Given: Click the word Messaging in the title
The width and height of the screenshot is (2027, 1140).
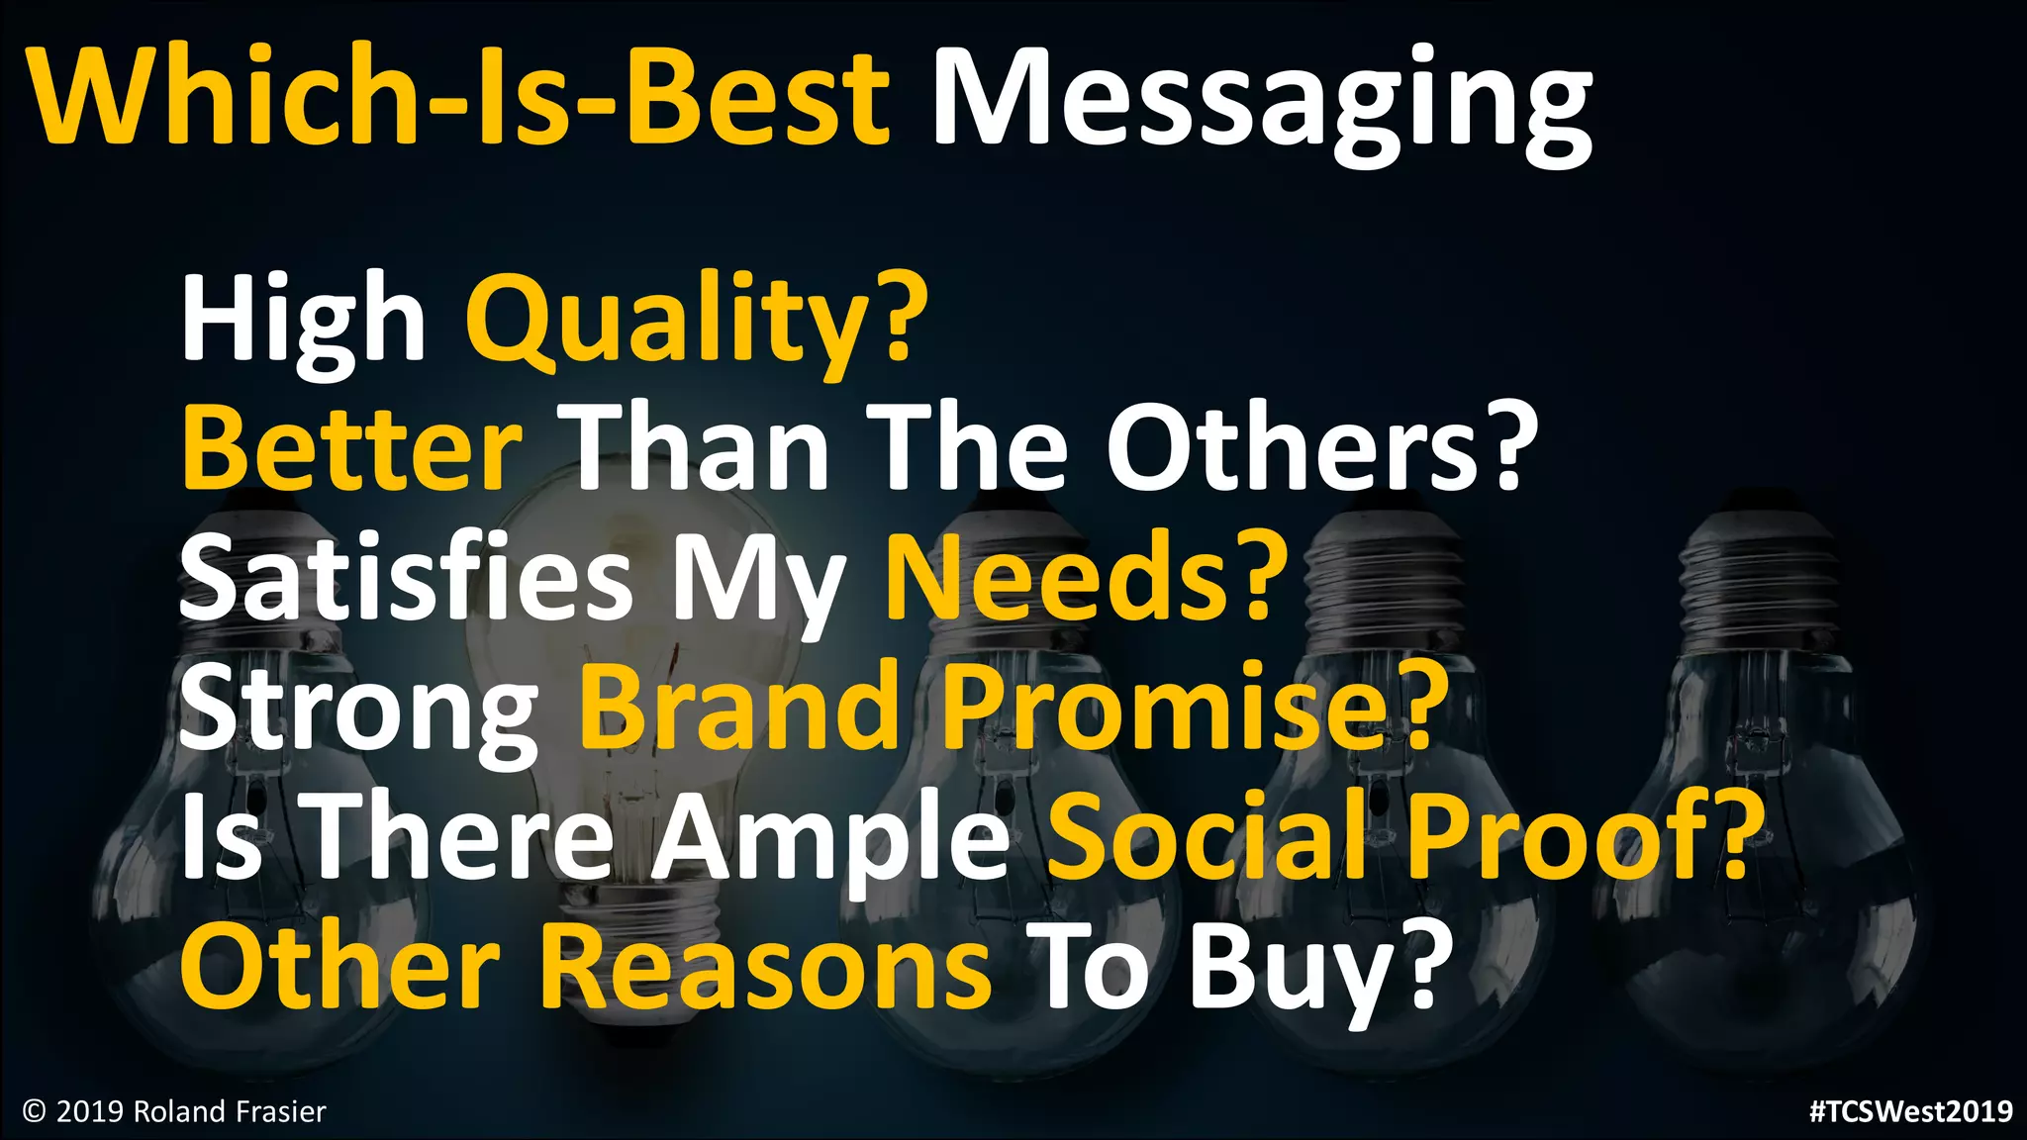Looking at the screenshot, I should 1262,99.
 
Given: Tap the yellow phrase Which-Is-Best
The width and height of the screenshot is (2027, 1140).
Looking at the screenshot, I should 461,99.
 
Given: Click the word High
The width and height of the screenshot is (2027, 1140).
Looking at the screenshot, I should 303,322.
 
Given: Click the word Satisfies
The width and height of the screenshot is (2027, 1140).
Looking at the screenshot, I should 406,578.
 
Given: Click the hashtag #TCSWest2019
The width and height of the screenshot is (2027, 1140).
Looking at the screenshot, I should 1910,1111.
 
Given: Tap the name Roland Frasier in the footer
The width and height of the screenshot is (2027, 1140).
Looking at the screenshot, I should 230,1112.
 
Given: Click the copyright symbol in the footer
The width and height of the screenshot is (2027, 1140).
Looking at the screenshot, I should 35,1112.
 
